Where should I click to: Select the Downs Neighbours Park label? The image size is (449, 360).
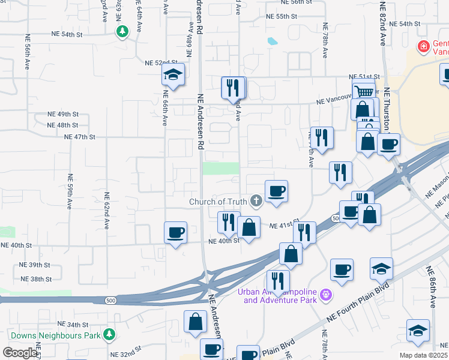(55, 335)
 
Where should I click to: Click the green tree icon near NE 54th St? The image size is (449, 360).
(122, 31)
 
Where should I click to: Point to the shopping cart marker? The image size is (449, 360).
(364, 91)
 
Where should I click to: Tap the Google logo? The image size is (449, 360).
(20, 353)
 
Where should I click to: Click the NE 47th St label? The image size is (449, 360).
(80, 137)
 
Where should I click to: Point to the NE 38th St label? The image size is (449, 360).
(36, 279)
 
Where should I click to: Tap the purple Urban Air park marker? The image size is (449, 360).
(326, 295)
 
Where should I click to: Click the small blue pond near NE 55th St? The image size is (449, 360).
(273, 41)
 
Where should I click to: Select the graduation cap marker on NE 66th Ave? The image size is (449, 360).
(173, 75)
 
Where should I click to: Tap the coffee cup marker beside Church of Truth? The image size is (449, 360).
(276, 191)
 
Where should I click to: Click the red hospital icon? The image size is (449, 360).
(423, 46)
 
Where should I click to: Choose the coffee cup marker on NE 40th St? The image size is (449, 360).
(175, 232)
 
